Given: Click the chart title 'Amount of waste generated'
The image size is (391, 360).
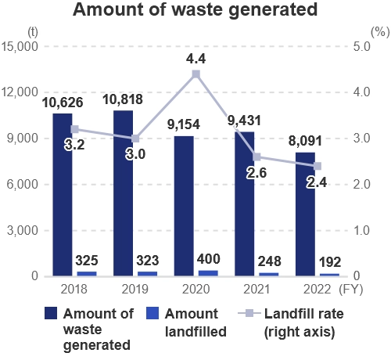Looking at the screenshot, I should pos(195,11).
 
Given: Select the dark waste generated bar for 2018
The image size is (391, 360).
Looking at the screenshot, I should pos(63,195).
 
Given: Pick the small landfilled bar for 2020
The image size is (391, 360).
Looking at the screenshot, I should pos(208,273).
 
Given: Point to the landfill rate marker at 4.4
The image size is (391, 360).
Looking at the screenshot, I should pos(195,74).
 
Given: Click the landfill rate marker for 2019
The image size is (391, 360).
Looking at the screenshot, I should pos(135,139).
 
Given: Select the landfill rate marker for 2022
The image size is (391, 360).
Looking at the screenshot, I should pos(317,166).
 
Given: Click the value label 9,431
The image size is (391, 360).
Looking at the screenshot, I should pos(244,121).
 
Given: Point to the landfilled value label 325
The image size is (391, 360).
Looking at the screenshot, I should pos(88,259).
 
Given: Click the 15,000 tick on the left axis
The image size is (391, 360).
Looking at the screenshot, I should pos(22,47).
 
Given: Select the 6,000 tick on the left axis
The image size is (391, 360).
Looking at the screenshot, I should pos(25,185).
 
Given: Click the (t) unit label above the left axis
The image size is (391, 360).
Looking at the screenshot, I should pos(31,32).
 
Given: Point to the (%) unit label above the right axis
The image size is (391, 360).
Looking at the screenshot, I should pos(377,32).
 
